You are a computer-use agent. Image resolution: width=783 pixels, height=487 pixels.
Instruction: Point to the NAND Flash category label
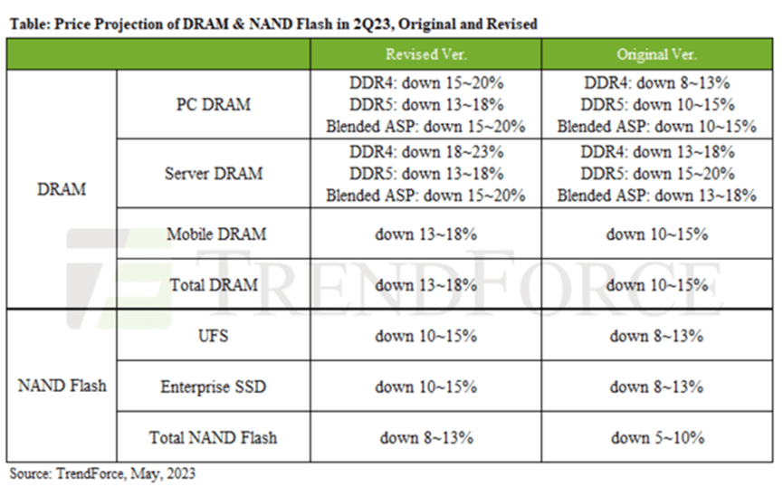click(x=62, y=387)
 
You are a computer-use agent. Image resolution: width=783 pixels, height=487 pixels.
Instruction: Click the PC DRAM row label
click(x=213, y=104)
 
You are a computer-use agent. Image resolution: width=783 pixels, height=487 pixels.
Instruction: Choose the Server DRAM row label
click(x=213, y=173)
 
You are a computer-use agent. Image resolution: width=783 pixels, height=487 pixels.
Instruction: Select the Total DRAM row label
click(x=214, y=284)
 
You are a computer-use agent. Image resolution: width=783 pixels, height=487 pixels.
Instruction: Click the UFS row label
click(x=213, y=337)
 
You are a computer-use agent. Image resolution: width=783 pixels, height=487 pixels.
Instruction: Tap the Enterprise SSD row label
click(x=213, y=387)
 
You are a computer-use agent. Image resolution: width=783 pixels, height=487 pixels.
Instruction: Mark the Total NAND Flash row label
click(x=213, y=438)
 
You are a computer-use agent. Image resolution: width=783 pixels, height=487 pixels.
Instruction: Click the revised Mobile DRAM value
click(x=425, y=234)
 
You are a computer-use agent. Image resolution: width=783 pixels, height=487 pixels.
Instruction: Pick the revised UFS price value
click(x=425, y=337)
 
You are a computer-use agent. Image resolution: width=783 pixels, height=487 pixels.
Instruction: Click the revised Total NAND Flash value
click(x=425, y=438)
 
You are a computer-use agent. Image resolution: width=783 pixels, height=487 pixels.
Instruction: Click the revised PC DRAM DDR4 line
click(x=425, y=82)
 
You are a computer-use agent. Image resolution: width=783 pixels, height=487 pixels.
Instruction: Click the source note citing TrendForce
click(x=102, y=473)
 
